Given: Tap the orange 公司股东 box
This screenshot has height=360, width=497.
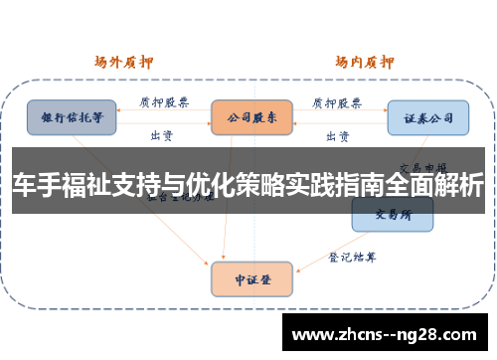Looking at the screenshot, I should tap(251, 117).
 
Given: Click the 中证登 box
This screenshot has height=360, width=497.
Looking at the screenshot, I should tap(251, 279).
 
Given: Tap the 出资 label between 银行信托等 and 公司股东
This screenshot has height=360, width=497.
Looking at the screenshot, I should tap(160, 134).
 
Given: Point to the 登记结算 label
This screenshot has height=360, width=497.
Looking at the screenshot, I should tap(354, 256).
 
